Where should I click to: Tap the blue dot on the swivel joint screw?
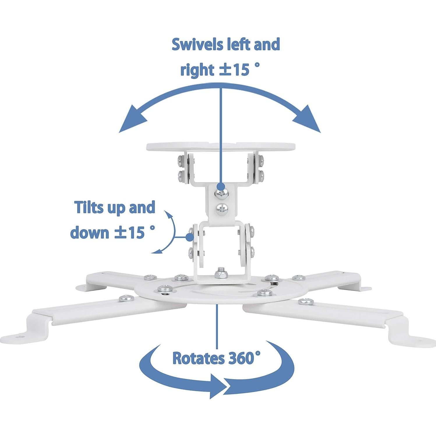click(221, 186)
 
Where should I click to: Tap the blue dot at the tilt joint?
click(190, 237)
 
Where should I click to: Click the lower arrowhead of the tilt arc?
click(157, 251)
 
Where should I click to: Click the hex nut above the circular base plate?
click(219, 274)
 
